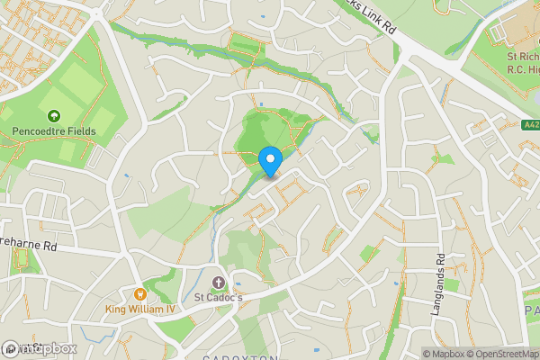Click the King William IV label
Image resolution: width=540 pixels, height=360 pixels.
click(141, 310)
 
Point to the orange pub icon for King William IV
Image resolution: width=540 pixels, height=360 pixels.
click(139, 293)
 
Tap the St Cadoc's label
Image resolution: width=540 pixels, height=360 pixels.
click(219, 297)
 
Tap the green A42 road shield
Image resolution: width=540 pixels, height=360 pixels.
click(530, 125)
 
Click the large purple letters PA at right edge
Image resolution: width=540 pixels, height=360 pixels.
click(531, 310)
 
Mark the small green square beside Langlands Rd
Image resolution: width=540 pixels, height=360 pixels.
click(451, 285)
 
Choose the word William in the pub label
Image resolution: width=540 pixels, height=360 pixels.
click(146, 310)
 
